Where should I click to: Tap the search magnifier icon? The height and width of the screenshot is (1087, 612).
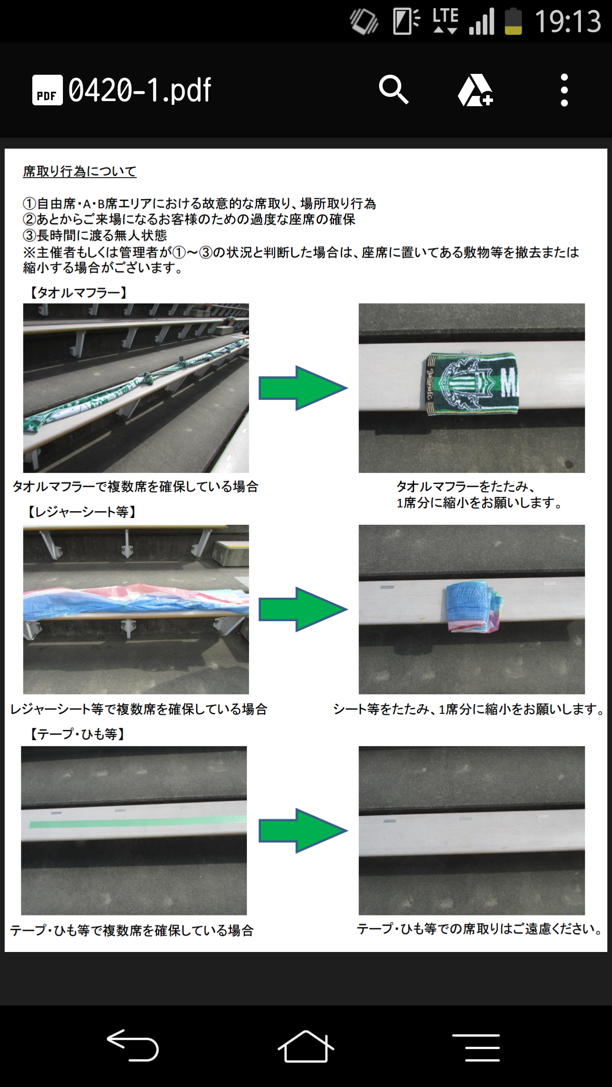394,90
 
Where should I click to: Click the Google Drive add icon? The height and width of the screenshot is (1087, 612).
475,90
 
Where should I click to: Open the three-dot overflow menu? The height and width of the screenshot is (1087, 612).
564,90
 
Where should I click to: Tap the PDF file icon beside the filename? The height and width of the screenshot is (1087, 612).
47,90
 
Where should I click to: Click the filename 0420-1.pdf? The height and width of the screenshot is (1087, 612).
140,90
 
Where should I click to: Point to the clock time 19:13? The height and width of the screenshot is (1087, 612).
568,21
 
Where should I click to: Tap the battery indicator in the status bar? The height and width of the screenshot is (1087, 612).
513,21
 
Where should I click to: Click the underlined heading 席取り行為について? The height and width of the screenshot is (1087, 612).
79,172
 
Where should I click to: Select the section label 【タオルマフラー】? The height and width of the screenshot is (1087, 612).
79,293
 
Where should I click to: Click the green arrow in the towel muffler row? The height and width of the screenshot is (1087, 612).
303,388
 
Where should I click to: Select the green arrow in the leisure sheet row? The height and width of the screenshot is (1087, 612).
303,609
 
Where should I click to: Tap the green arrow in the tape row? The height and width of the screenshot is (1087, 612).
303,831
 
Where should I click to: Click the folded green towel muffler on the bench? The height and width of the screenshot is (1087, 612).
472,383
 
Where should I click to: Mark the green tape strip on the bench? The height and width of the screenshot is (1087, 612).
138,822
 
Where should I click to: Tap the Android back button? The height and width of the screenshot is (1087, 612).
133,1045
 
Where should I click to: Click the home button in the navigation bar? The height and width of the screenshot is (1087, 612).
306,1046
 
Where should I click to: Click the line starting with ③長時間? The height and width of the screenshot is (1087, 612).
95,235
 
